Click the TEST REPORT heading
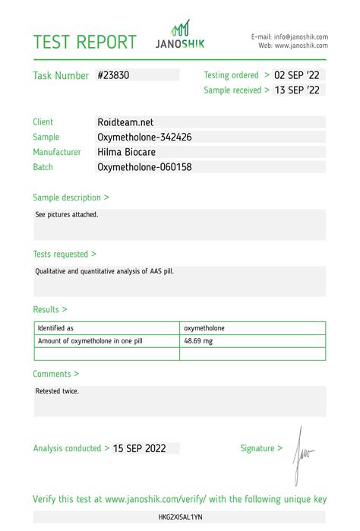click(84, 42)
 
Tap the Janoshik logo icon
click(180, 29)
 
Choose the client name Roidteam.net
click(126, 122)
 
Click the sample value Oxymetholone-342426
click(144, 137)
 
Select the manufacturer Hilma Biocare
click(129, 152)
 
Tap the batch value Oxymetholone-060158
click(144, 167)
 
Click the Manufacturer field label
click(56, 152)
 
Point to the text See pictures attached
click(67, 214)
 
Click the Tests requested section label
click(64, 254)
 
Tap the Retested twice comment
click(57, 391)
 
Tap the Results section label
click(49, 310)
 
